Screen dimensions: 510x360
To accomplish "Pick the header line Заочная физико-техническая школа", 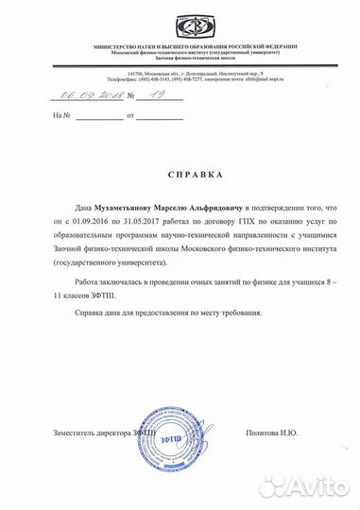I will coord(180,59).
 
